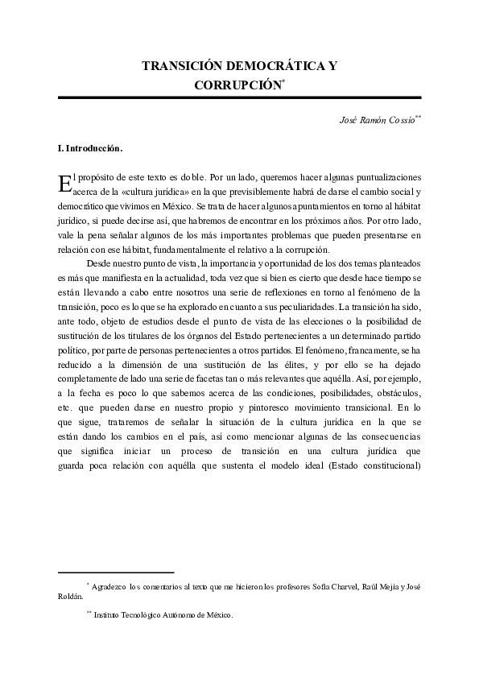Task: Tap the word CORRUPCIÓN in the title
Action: pyautogui.click(x=237, y=83)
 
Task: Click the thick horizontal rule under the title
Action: pyautogui.click(x=239, y=97)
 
